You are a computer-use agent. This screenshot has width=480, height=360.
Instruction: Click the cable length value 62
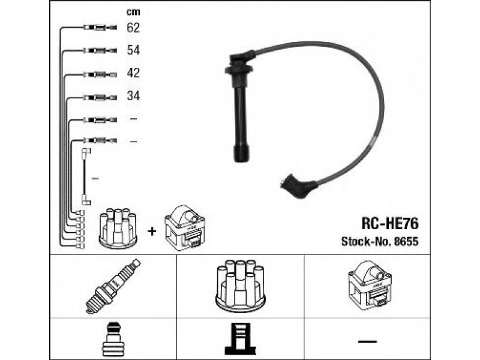[133, 28]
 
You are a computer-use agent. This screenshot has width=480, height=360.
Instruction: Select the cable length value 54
[133, 50]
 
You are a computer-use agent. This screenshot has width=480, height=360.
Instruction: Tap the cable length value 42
[133, 73]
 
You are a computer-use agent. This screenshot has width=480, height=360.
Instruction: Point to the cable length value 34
[133, 96]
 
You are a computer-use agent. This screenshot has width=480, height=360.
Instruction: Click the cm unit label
[133, 12]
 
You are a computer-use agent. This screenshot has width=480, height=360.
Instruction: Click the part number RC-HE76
[389, 224]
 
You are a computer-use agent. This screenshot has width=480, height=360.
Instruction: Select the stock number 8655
[406, 242]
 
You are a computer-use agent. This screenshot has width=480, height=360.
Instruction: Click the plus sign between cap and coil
[152, 231]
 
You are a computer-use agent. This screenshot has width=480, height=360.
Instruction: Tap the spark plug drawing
[113, 286]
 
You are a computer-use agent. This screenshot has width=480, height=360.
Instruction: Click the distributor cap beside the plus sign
[118, 228]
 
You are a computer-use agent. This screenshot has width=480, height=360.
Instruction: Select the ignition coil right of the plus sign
[185, 228]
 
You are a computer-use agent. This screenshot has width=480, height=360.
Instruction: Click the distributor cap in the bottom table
[241, 286]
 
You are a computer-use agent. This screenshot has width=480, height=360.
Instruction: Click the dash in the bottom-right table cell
[367, 341]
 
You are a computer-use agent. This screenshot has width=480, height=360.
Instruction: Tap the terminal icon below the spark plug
[113, 339]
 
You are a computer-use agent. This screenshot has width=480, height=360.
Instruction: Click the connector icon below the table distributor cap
[241, 339]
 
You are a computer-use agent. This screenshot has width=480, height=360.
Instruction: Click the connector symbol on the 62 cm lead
[100, 28]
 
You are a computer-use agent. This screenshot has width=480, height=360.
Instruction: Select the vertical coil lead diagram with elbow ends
[85, 176]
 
